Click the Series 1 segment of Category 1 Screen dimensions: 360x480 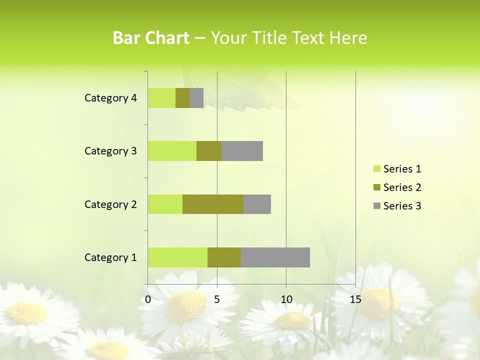pyautogui.click(x=177, y=257)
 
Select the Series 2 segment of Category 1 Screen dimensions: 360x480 pyautogui.click(x=224, y=257)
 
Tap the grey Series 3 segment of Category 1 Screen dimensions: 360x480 pyautogui.click(x=275, y=257)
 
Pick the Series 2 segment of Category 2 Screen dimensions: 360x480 pyautogui.click(x=213, y=204)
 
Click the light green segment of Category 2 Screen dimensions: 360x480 pyautogui.click(x=165, y=204)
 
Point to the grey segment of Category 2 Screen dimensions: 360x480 pyautogui.click(x=257, y=204)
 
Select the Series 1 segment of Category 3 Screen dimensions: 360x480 pyautogui.click(x=172, y=151)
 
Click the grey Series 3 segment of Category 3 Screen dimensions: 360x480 pyautogui.click(x=242, y=151)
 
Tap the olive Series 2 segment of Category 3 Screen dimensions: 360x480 pyautogui.click(x=209, y=151)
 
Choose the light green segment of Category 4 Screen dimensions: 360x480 pyautogui.click(x=161, y=98)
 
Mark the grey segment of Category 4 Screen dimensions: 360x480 pyautogui.click(x=196, y=98)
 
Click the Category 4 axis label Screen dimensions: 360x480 pyautogui.click(x=110, y=98)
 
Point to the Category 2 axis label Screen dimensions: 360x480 pyautogui.click(x=110, y=204)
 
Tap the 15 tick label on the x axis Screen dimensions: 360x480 pyautogui.click(x=355, y=299)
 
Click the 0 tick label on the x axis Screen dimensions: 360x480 pyautogui.click(x=148, y=299)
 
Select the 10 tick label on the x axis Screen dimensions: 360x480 pyautogui.click(x=286, y=299)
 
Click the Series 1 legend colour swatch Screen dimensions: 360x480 pyautogui.click(x=376, y=169)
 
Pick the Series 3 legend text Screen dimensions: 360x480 pyautogui.click(x=402, y=206)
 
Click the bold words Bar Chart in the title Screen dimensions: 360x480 pyautogui.click(x=151, y=38)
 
